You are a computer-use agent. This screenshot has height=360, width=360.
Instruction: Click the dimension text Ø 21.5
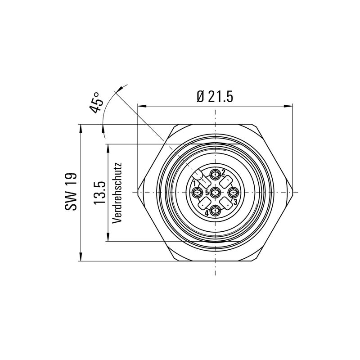pyautogui.click(x=215, y=96)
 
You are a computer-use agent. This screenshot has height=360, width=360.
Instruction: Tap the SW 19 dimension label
pyautogui.click(x=72, y=192)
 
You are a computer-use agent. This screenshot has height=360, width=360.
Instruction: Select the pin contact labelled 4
pyautogui.click(x=216, y=210)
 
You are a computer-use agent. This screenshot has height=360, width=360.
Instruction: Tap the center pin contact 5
pyautogui.click(x=216, y=193)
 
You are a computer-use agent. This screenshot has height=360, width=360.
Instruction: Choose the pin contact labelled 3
pyautogui.click(x=233, y=193)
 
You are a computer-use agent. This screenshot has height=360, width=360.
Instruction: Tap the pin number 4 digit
pyautogui.click(x=207, y=213)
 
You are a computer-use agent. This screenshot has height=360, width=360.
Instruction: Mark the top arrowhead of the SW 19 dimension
pyautogui.click(x=81, y=128)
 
